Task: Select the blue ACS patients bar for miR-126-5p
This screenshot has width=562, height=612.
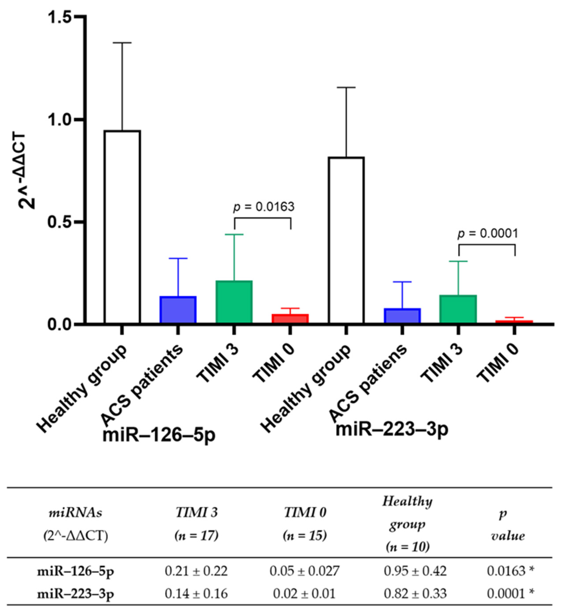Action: [178, 310]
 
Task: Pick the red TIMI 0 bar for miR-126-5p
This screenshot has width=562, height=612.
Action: [290, 318]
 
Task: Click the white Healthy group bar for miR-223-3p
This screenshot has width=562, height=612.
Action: [346, 240]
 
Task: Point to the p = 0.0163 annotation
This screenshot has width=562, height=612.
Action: [264, 207]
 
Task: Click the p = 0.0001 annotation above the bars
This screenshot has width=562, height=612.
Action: [487, 233]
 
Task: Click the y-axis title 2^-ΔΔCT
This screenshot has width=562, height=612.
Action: [27, 172]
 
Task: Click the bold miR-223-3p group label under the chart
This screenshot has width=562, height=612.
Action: [392, 429]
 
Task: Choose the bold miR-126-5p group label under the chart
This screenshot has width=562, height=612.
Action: [159, 435]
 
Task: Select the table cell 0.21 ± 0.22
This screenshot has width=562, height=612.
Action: [196, 572]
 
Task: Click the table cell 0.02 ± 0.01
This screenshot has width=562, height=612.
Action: [304, 593]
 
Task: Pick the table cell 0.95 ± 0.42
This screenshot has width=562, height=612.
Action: [415, 572]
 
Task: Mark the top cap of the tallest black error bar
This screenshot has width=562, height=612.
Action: [122, 43]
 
